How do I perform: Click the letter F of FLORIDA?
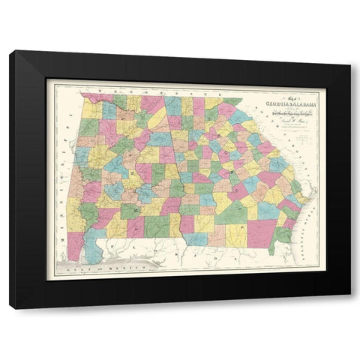[x=120, y=242]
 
